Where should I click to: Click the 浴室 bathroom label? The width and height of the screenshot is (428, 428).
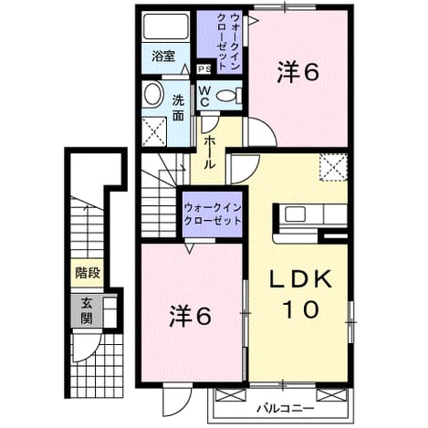point(163,57)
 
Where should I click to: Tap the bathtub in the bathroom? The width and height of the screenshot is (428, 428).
point(166,26)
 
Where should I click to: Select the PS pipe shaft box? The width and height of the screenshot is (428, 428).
point(204,69)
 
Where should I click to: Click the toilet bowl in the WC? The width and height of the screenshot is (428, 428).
point(228,96)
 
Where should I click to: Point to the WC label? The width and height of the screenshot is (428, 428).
point(204,96)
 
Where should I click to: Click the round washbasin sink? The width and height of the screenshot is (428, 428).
point(152,94)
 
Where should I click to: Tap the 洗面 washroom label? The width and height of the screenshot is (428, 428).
point(179,109)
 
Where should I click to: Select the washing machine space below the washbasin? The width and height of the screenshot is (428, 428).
point(154,131)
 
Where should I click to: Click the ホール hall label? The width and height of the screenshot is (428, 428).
point(209,152)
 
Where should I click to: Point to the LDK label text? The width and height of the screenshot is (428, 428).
point(300,279)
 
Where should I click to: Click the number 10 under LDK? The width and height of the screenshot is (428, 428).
point(301,309)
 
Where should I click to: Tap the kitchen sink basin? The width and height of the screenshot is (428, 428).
point(295,214)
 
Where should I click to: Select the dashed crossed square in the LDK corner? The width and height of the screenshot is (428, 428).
point(333,168)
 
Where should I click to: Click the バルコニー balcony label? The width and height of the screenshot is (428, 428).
point(285,408)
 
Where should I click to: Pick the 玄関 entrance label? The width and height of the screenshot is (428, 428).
point(87,311)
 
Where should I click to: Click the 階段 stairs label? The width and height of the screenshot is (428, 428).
point(88,273)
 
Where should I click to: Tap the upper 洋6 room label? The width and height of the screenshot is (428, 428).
point(298,72)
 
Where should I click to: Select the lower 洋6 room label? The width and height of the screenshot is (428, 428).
point(190,316)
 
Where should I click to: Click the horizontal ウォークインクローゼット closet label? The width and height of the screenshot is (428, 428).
point(213,214)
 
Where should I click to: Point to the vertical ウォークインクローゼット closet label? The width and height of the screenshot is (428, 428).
point(228,42)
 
